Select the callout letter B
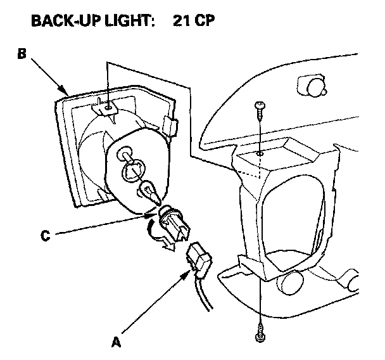(x=22, y=55)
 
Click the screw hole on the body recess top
(x=260, y=153)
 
